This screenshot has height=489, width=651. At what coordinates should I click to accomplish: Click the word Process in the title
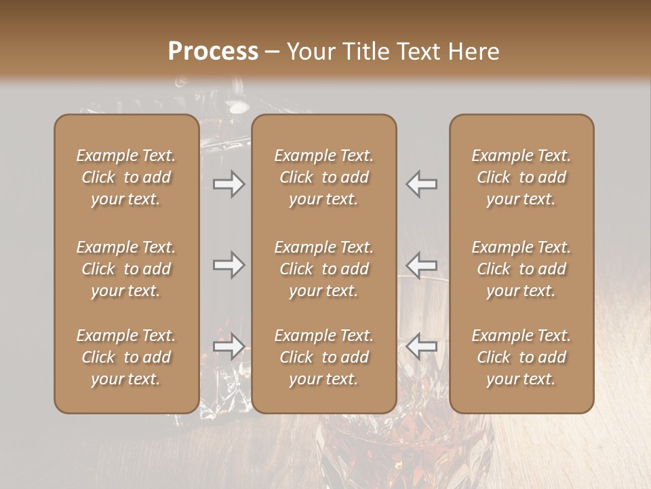tap(213, 52)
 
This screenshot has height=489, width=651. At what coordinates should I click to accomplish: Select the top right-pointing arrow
tap(229, 183)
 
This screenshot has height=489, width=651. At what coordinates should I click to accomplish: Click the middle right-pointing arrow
tap(229, 265)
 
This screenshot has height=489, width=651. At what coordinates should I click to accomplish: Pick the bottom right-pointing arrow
tap(229, 346)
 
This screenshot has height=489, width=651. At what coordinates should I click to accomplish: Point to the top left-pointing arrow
tap(422, 183)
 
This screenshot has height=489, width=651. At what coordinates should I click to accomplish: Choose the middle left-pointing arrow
tap(422, 265)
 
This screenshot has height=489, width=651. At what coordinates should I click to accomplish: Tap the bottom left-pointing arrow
tap(422, 346)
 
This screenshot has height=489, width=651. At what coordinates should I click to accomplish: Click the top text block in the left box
tap(126, 177)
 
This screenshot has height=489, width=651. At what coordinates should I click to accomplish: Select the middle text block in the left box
tap(126, 269)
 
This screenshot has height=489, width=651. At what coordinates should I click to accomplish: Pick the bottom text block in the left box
tap(126, 357)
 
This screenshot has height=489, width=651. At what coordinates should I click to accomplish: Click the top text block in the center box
tap(324, 177)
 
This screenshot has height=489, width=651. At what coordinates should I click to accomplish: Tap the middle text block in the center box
tap(324, 269)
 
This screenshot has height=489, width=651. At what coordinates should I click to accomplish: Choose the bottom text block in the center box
tap(324, 357)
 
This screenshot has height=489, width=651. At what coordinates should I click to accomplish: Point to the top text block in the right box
tap(521, 177)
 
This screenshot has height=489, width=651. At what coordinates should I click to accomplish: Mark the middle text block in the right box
tap(521, 269)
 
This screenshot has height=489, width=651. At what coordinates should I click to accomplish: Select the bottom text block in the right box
tap(521, 357)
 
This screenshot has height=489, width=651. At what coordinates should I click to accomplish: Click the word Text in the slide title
tap(420, 52)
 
